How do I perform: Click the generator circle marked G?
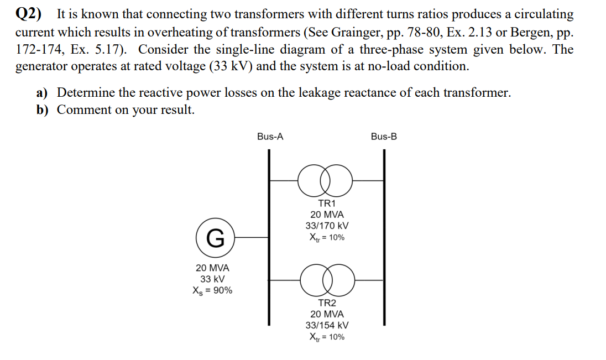click(215, 238)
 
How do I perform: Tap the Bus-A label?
click(270, 137)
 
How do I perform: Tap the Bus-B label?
click(384, 137)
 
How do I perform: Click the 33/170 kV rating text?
click(327, 226)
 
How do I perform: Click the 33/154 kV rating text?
click(327, 326)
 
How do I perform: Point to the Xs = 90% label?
click(212, 290)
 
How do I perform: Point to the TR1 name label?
click(327, 203)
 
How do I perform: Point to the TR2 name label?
click(327, 303)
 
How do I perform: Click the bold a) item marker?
click(43, 92)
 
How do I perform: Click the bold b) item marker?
click(43, 109)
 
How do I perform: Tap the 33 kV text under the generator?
click(212, 279)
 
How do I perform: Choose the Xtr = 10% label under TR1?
click(327, 237)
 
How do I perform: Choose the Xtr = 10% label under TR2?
click(327, 337)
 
